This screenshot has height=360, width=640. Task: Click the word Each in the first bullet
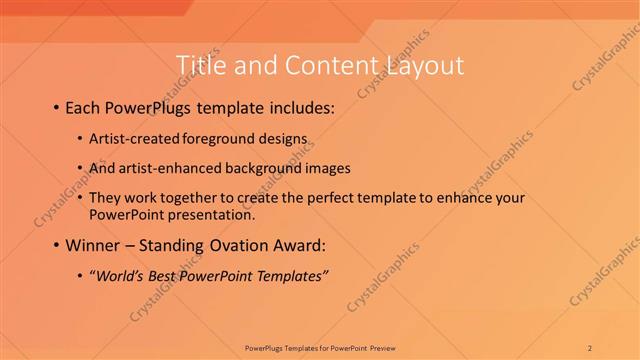85,107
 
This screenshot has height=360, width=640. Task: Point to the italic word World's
117,276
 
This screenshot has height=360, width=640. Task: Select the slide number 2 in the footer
591,347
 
